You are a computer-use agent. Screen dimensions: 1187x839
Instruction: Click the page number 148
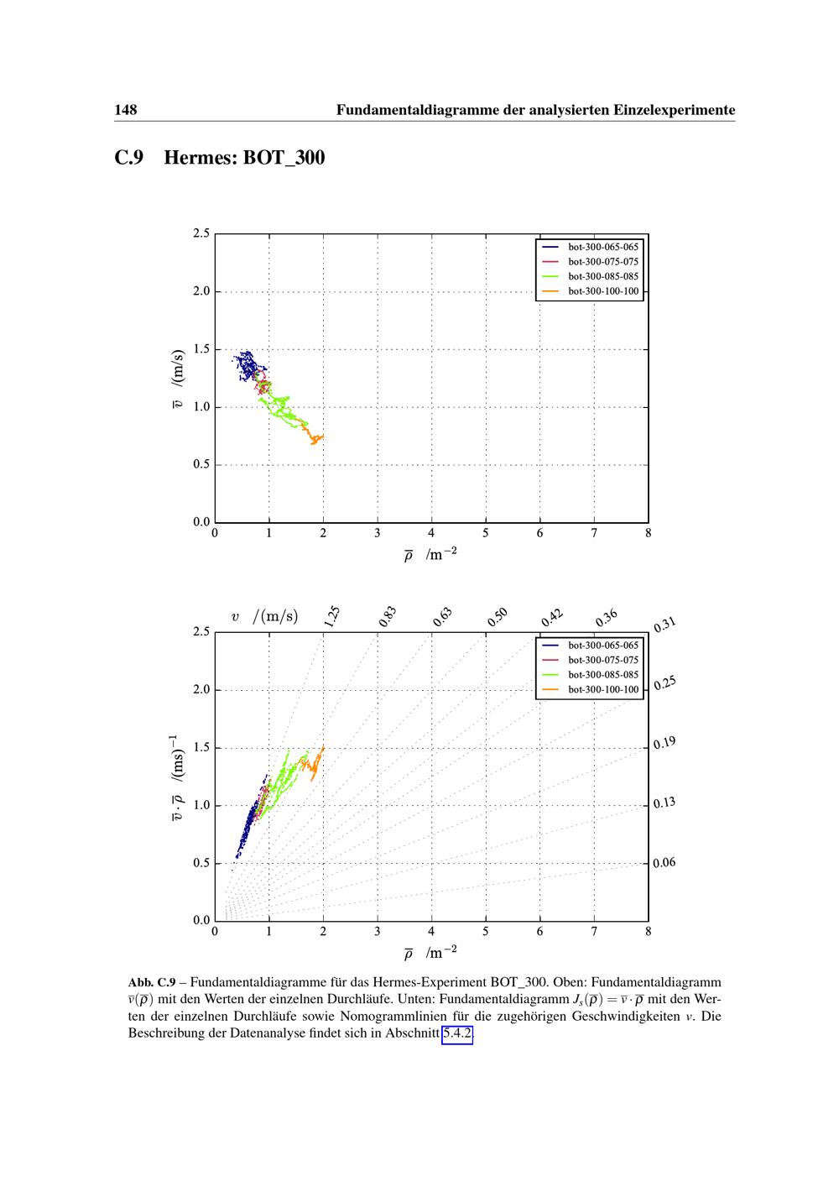(126, 110)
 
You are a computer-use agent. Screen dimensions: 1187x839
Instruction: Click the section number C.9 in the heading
(131, 158)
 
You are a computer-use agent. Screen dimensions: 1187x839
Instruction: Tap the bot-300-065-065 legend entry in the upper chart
(603, 247)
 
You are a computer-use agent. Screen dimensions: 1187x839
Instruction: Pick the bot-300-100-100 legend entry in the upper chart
(603, 292)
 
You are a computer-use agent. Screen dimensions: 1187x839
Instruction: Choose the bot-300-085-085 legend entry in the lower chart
(603, 675)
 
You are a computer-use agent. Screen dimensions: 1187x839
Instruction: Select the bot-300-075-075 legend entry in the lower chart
(603, 660)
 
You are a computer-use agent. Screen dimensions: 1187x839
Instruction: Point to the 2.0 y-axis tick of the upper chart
(201, 292)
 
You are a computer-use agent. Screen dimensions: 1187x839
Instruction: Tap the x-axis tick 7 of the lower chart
(594, 931)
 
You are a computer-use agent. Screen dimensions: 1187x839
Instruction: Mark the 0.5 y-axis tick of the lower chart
(201, 863)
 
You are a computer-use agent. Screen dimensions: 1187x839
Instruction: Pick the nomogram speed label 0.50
(498, 617)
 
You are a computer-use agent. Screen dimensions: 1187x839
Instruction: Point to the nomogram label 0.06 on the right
(664, 862)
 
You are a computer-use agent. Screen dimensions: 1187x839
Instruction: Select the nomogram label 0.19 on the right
(664, 743)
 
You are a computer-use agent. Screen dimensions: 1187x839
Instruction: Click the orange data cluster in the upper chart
(315, 437)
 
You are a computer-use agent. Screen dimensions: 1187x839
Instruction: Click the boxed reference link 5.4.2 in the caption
(457, 1033)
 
